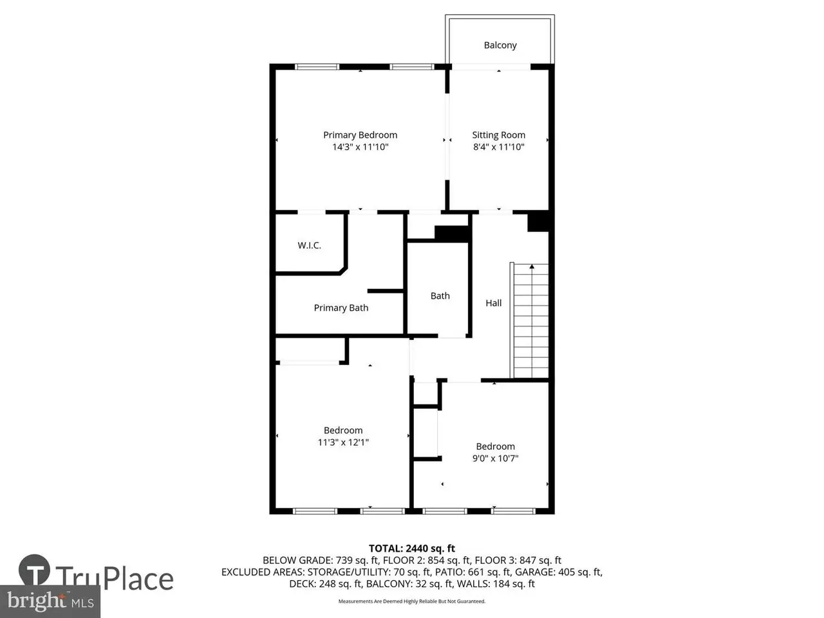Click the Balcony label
click(x=500, y=46)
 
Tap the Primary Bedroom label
click(x=360, y=135)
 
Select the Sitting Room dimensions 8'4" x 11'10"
click(x=498, y=147)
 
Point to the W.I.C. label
click(x=310, y=245)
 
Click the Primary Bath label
click(x=341, y=308)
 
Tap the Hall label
click(x=493, y=303)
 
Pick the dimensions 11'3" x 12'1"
click(x=343, y=442)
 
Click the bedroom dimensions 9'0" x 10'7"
click(x=495, y=458)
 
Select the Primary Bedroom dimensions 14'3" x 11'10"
click(x=360, y=147)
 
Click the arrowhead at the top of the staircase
click(x=532, y=267)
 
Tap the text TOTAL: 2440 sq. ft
click(x=412, y=548)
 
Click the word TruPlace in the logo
click(x=115, y=579)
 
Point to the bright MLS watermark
click(x=50, y=601)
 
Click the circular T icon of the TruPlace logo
click(x=34, y=570)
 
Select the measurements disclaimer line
click(x=412, y=601)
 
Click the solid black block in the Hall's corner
click(x=538, y=222)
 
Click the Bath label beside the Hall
click(x=440, y=296)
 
